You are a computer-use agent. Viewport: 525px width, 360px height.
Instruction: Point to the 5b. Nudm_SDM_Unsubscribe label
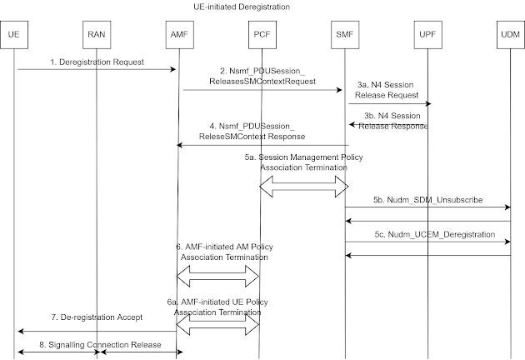point(427,200)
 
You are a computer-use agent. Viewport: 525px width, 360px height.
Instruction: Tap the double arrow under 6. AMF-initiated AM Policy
point(219,272)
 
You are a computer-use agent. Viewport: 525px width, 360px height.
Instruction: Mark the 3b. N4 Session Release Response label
point(393,121)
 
